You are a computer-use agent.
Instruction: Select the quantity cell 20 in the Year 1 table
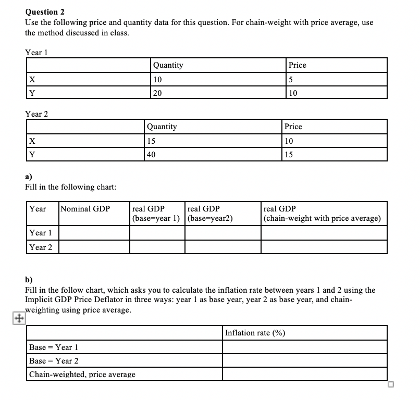pyautogui.click(x=157, y=93)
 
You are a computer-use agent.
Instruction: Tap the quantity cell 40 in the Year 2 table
pyautogui.click(x=151, y=154)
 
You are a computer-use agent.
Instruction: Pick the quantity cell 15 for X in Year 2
pyautogui.click(x=151, y=141)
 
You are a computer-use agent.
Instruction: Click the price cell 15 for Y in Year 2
pyautogui.click(x=290, y=154)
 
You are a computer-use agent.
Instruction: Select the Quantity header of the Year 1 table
pyautogui.click(x=168, y=65)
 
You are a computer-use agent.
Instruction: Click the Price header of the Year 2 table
pyautogui.click(x=293, y=127)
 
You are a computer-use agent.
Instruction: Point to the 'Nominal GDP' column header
pyautogui.click(x=85, y=209)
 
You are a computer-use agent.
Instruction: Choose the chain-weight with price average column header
pyautogui.click(x=323, y=214)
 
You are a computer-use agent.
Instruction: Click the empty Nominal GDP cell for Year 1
pyautogui.click(x=94, y=233)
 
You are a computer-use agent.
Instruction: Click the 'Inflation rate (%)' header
pyautogui.click(x=255, y=333)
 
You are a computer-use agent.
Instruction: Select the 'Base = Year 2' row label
pyautogui.click(x=54, y=360)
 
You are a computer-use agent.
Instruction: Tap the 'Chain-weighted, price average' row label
pyautogui.click(x=82, y=374)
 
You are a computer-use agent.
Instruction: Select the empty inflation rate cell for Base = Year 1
pyautogui.click(x=305, y=347)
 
